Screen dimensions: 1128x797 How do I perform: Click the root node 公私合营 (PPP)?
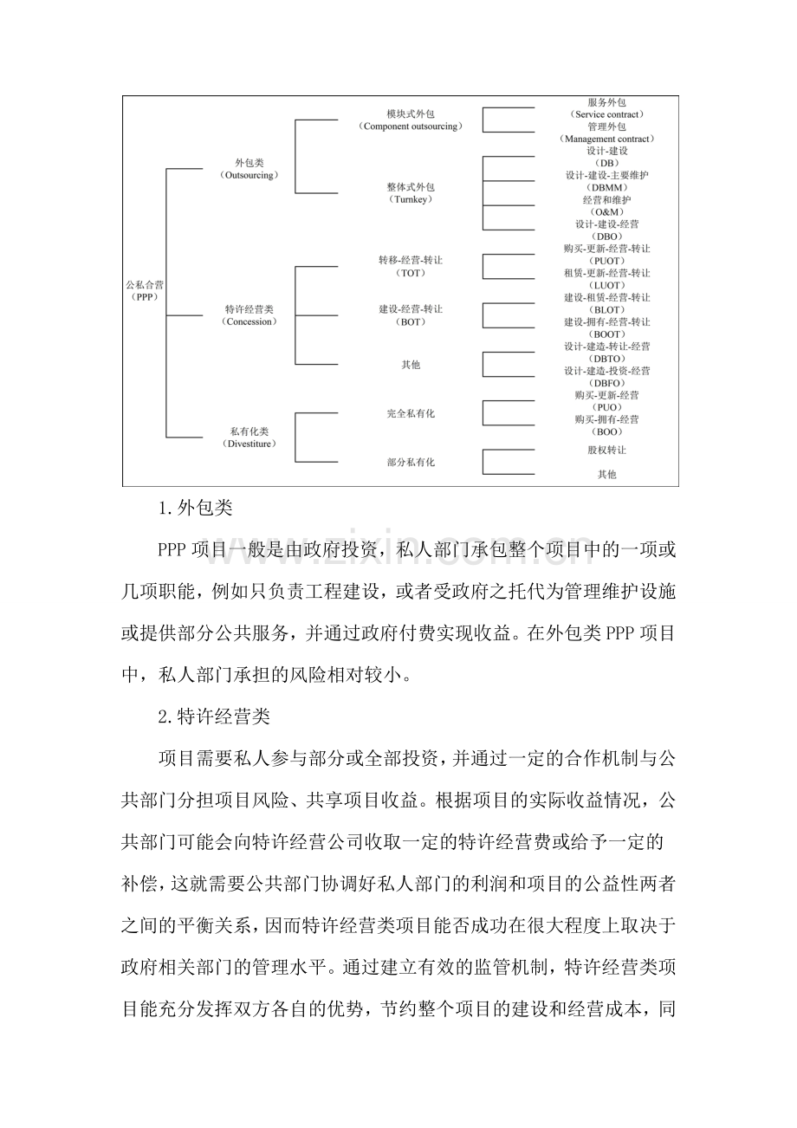click(x=142, y=289)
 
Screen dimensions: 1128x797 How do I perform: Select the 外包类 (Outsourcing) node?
click(x=249, y=169)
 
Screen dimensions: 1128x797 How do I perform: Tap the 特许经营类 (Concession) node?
click(x=249, y=315)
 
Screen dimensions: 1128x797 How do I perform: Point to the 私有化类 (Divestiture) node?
click(x=249, y=438)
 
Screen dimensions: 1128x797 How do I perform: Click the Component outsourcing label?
click(x=411, y=126)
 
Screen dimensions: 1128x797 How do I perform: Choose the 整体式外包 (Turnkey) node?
click(x=411, y=192)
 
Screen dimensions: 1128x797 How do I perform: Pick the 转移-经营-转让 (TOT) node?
click(x=411, y=266)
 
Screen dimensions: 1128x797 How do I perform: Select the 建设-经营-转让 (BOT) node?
click(x=411, y=315)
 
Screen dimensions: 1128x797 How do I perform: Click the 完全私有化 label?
click(x=411, y=413)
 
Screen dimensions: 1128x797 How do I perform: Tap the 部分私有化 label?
click(x=411, y=463)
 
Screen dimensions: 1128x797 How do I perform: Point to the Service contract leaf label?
click(x=606, y=114)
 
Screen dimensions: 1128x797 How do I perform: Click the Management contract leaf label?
click(x=606, y=139)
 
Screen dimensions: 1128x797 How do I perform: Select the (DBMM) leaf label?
click(x=606, y=187)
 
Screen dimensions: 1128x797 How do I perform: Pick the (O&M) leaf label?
click(x=606, y=211)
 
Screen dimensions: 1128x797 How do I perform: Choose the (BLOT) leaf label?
click(x=606, y=309)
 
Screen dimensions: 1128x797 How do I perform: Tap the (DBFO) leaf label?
click(x=606, y=382)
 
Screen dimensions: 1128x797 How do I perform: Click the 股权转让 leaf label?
click(x=606, y=451)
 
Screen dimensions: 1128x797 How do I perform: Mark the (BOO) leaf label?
click(x=606, y=431)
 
